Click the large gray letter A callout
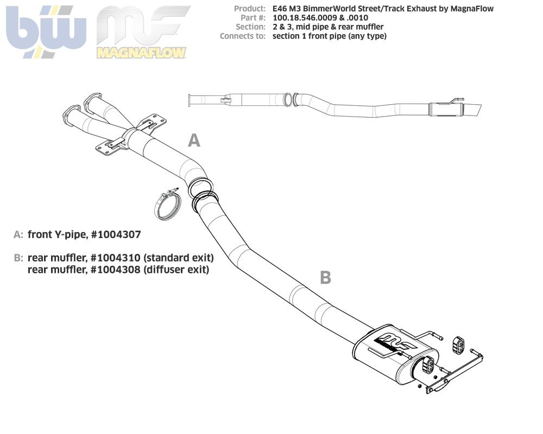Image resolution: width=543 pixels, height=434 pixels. pyautogui.click(x=194, y=141)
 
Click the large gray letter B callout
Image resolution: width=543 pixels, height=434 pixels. pyautogui.click(x=325, y=278)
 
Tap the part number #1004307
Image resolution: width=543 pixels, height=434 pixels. pyautogui.click(x=116, y=234)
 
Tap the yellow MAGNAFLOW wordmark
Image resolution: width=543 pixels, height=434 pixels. pyautogui.click(x=141, y=53)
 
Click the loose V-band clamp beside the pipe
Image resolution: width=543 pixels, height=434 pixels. pyautogui.click(x=166, y=205)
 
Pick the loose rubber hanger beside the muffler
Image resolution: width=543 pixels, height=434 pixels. pyautogui.click(x=459, y=343)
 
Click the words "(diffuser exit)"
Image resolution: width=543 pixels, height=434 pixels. pyautogui.click(x=176, y=269)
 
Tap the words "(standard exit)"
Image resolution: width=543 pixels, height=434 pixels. pyautogui.click(x=179, y=257)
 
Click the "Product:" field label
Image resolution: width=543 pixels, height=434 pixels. pyautogui.click(x=250, y=9)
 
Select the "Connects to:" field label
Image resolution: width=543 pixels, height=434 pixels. pyautogui.click(x=243, y=36)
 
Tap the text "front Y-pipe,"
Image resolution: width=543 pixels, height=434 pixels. pyautogui.click(x=58, y=234)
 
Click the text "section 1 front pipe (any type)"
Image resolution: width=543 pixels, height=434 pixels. pyautogui.click(x=329, y=36)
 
